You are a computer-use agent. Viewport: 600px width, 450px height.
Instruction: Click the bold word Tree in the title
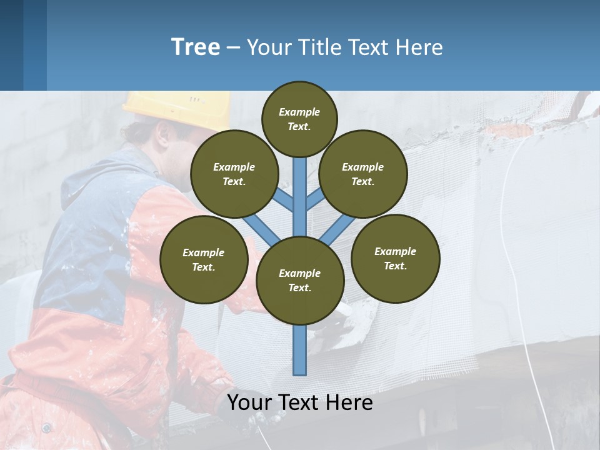pyautogui.click(x=196, y=47)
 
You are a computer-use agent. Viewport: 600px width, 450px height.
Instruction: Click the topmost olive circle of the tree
pyautogui.click(x=299, y=119)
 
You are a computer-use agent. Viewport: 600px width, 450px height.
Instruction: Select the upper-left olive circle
pyautogui.click(x=234, y=174)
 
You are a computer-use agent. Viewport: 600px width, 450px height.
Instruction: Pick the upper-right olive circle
pyautogui.click(x=363, y=174)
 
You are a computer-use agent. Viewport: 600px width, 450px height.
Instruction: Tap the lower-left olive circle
pyautogui.click(x=204, y=259)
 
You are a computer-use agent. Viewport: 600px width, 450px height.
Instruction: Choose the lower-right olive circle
pyautogui.click(x=395, y=258)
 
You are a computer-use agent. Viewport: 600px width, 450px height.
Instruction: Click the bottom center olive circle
pyautogui.click(x=300, y=280)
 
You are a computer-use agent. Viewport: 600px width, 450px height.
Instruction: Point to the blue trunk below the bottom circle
pyautogui.click(x=300, y=350)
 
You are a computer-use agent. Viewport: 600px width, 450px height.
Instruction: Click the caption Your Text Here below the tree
pyautogui.click(x=300, y=402)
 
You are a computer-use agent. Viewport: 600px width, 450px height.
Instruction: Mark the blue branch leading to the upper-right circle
pyautogui.click(x=315, y=199)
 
